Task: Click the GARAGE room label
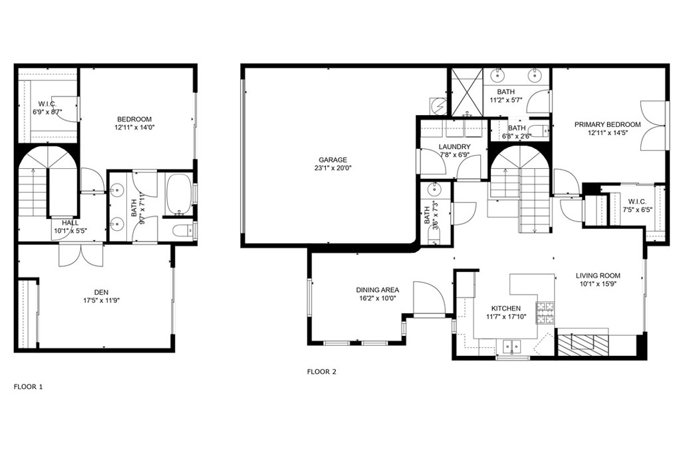pyautogui.click(x=333, y=160)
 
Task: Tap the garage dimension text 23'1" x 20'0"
pyautogui.click(x=333, y=168)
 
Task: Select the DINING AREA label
pyautogui.click(x=377, y=290)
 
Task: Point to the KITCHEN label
pyautogui.click(x=505, y=309)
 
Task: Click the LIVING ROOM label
pyautogui.click(x=598, y=275)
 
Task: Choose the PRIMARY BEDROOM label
pyautogui.click(x=607, y=124)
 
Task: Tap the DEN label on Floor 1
pyautogui.click(x=101, y=291)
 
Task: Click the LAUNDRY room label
pyautogui.click(x=455, y=147)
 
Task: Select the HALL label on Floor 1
pyautogui.click(x=70, y=223)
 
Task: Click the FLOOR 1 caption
pyautogui.click(x=29, y=386)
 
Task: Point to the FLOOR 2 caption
pyautogui.click(x=321, y=372)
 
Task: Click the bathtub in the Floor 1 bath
pyautogui.click(x=177, y=194)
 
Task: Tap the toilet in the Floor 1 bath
pyautogui.click(x=182, y=231)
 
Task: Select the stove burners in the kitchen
pyautogui.click(x=545, y=313)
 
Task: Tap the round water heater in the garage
pyautogui.click(x=437, y=105)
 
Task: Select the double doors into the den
pyautogui.click(x=82, y=254)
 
